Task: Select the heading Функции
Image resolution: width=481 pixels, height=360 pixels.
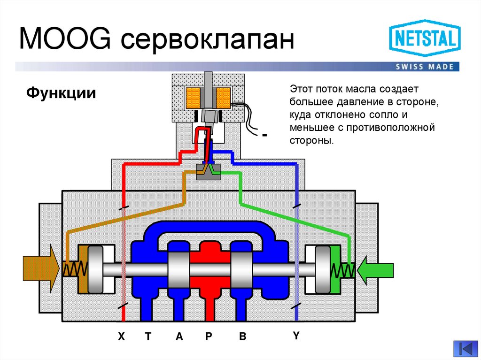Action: coord(61,92)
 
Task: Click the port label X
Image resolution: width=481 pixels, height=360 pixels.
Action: coord(121,337)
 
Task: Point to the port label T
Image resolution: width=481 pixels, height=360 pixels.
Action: coord(148,337)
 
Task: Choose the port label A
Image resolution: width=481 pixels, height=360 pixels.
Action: coord(179,337)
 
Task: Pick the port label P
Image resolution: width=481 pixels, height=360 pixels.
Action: coord(209,337)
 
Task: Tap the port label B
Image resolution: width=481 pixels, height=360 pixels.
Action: coord(242,337)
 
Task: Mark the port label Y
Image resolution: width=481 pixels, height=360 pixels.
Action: coord(296,336)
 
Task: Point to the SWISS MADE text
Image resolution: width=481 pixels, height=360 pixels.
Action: coord(425,67)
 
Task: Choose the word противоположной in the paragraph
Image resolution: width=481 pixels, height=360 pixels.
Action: coord(387,128)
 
